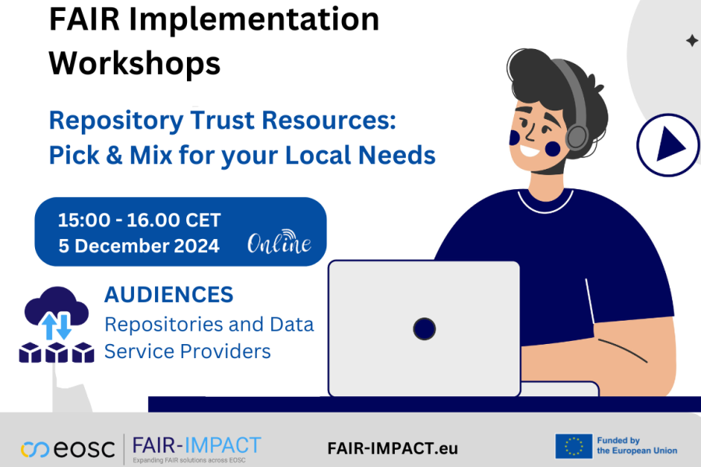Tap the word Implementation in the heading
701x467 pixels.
click(x=252, y=19)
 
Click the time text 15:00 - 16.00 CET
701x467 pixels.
click(x=139, y=220)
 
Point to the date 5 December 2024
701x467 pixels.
click(x=139, y=246)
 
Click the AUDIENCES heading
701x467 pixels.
click(x=169, y=294)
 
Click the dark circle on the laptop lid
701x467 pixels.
click(x=424, y=328)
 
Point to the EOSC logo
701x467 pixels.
click(x=69, y=449)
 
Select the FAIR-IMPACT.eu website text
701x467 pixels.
click(x=393, y=449)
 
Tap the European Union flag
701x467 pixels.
click(x=574, y=446)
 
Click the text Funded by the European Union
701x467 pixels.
click(x=636, y=446)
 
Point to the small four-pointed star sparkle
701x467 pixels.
click(x=692, y=40)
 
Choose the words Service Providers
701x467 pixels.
click(x=188, y=351)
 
